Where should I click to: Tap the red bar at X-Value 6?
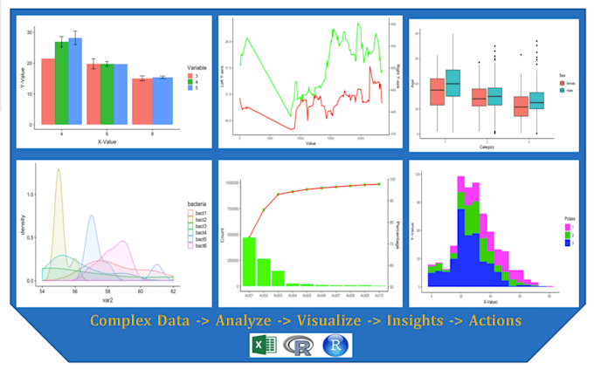[x=92, y=93]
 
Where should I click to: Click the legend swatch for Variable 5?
[x=190, y=89]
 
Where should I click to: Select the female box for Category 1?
[x=437, y=91]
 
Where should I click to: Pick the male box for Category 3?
[x=536, y=100]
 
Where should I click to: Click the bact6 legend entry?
[x=194, y=246]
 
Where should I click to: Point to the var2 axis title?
[x=107, y=298]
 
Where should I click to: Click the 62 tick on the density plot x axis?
[x=173, y=289]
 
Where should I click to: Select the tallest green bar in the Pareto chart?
[x=249, y=261]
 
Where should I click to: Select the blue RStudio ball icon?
[x=334, y=346]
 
